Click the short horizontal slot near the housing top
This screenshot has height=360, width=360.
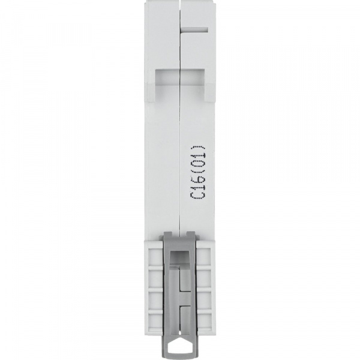coord(194,28)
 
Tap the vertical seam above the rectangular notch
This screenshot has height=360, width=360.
coord(180,36)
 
